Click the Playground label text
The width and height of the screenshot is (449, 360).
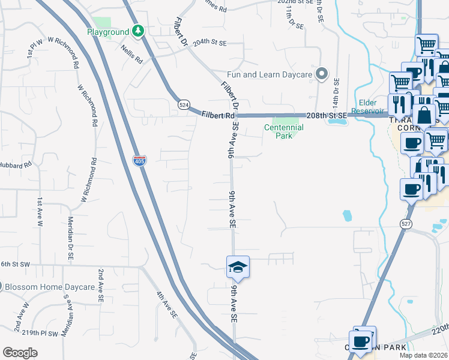108,31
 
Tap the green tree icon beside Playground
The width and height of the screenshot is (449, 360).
139,31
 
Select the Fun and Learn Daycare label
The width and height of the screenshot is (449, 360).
270,75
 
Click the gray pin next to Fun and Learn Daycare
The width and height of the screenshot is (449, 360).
322,74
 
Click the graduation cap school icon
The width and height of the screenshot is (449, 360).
238,267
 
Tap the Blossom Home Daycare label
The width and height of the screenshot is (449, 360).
49,287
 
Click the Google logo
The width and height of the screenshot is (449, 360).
20,353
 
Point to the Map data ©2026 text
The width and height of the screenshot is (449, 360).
423,355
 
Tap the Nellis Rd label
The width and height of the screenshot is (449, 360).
130,53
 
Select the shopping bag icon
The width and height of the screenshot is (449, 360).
424,115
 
